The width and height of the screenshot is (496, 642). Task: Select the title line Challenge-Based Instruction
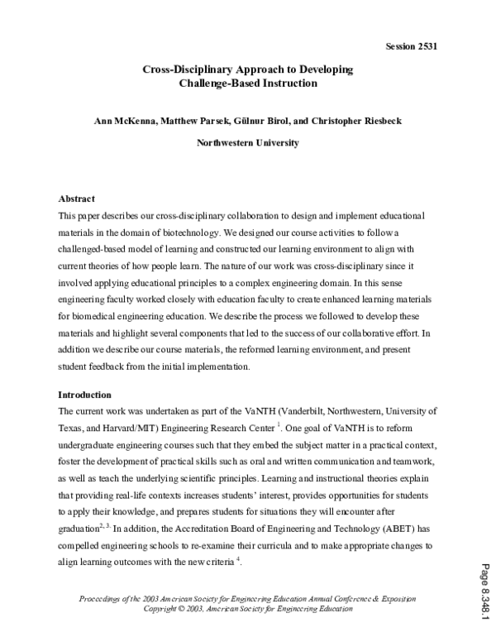[248, 84]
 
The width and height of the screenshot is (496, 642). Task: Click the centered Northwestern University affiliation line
[248, 142]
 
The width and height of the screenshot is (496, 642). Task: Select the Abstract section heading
[77, 199]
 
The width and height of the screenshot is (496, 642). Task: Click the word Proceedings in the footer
[105, 598]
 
